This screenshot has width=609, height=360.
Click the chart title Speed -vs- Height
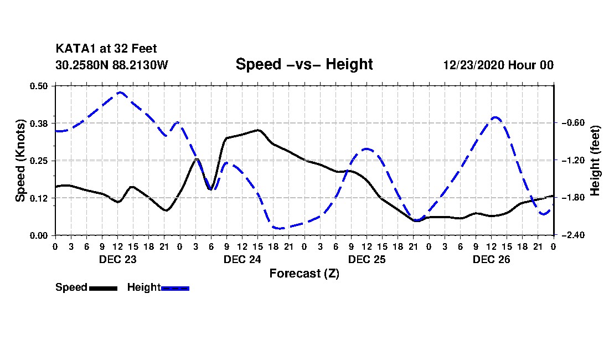tap(304, 64)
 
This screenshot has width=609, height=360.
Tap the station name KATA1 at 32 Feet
tap(106, 49)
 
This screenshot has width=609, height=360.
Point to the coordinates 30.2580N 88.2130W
tap(112, 65)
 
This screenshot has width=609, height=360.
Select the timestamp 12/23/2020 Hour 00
tap(498, 65)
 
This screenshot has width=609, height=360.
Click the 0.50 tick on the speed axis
tap(38, 86)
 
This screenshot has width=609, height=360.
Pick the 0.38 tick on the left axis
tap(38, 123)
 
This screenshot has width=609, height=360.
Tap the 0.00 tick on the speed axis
tap(38, 235)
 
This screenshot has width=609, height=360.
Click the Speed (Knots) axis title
tap(20, 161)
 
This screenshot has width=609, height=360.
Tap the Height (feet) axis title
tap(595, 161)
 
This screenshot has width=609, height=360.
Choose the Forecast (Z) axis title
tap(304, 274)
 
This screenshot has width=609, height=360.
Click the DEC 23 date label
tap(118, 259)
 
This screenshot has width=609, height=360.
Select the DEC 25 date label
tap(367, 259)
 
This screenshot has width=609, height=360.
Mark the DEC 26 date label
tap(491, 259)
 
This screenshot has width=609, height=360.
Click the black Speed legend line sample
tap(103, 288)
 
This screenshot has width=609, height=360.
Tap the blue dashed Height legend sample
tap(175, 288)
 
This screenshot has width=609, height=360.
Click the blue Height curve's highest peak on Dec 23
tap(120, 92)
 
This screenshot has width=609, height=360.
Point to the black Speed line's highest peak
tap(258, 130)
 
